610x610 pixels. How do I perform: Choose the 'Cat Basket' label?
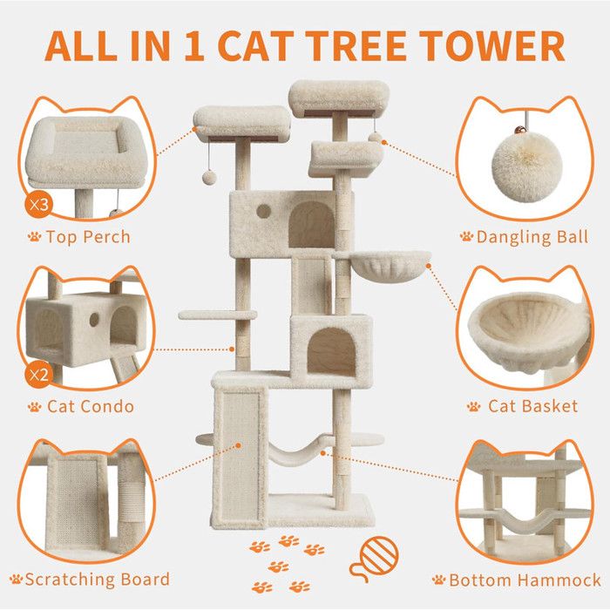(x=533, y=406)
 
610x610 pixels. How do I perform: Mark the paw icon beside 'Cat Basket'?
(x=473, y=406)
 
